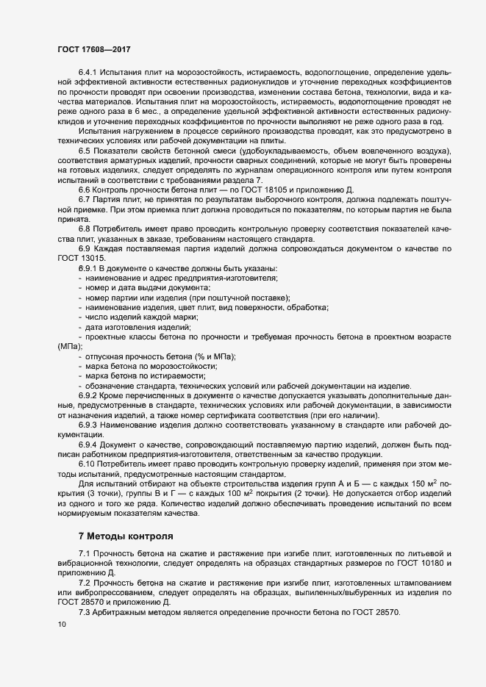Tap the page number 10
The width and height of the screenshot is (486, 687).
[61, 625]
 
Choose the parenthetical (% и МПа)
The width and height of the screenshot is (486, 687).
[213, 356]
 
